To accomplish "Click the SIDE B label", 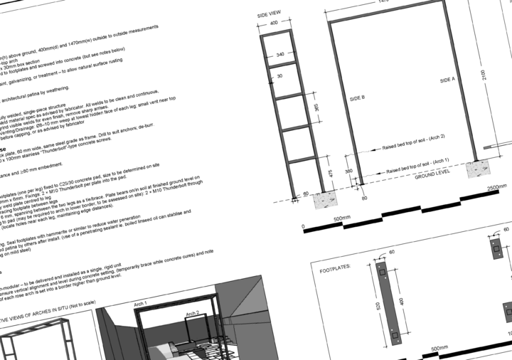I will [x=358, y=98].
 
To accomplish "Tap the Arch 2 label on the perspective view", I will [x=192, y=313].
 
